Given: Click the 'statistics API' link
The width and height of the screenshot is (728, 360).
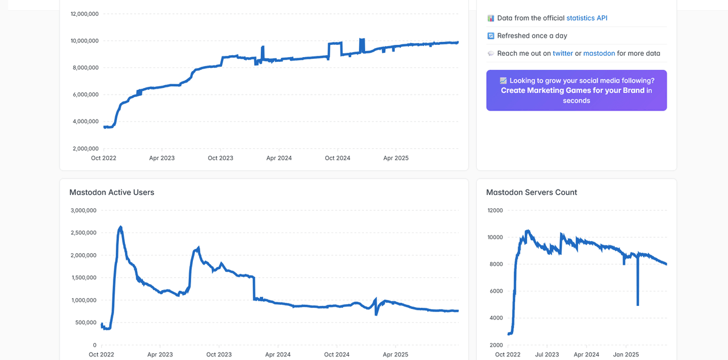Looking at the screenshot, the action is [587, 18].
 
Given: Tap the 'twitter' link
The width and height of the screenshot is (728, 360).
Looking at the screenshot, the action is [562, 53].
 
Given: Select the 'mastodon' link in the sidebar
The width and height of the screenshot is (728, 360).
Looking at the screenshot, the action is [599, 53].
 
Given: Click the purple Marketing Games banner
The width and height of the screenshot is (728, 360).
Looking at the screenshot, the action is [576, 90].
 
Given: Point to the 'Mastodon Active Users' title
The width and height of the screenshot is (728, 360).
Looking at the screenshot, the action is [112, 192].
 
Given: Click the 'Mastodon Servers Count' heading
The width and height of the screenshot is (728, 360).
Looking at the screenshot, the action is [531, 192].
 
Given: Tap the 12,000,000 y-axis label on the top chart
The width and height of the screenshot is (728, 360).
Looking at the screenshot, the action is [84, 13].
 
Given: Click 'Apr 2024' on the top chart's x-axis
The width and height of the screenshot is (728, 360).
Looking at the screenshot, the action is [279, 158].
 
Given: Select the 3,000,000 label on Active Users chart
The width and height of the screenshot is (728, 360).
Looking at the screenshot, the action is [84, 211].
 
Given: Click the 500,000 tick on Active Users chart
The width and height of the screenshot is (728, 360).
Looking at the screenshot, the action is [86, 322].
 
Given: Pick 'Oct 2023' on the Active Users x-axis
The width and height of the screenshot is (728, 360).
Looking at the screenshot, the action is [219, 355].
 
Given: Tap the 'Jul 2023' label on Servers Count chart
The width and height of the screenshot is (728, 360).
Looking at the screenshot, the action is [547, 355].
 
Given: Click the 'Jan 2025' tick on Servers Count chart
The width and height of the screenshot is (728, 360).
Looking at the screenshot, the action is [626, 355].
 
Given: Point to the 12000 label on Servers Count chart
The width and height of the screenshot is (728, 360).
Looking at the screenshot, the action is [495, 211].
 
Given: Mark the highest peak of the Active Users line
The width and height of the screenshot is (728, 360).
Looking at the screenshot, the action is [121, 226].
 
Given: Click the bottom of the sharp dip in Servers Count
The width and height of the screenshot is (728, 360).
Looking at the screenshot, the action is [638, 305].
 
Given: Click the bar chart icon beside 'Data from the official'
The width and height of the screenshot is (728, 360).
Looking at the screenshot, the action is [491, 18].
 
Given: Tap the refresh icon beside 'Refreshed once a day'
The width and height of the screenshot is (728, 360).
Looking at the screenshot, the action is [491, 36].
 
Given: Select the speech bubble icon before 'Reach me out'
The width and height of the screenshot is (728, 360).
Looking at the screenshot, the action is [491, 53].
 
